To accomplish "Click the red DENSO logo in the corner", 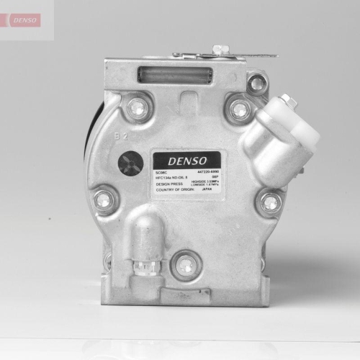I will pos(26,19).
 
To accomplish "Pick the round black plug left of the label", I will pos(130,163).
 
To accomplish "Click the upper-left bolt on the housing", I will pos(137,108).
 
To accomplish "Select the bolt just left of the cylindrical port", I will pos(240,109).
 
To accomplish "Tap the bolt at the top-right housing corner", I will pos(256,84).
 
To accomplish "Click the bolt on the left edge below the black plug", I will pos(104,200).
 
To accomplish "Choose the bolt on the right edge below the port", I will pos(270,202).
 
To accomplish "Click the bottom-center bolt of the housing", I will pos(186,265).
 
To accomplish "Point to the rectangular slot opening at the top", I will pos(174,74).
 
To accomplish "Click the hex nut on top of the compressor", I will pos(221,50).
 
